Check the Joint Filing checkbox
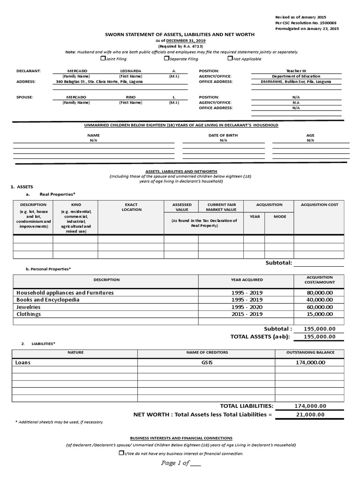click(x=103, y=59)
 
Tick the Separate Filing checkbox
click(x=166, y=59)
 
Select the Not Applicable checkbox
click(x=230, y=59)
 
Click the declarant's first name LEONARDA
click(x=131, y=71)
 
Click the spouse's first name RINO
click(x=131, y=97)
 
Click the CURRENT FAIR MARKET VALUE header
click(x=221, y=207)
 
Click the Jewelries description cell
click(x=29, y=307)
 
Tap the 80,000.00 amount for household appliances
click(x=319, y=292)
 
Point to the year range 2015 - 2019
click(x=247, y=314)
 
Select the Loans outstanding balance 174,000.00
click(x=311, y=363)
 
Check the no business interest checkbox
click(x=121, y=453)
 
